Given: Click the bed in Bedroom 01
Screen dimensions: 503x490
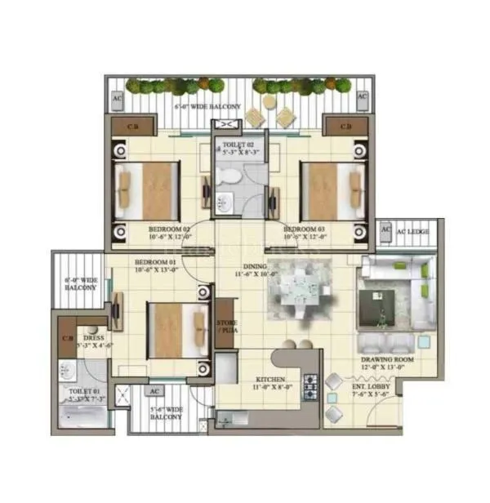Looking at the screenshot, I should (175, 329).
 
